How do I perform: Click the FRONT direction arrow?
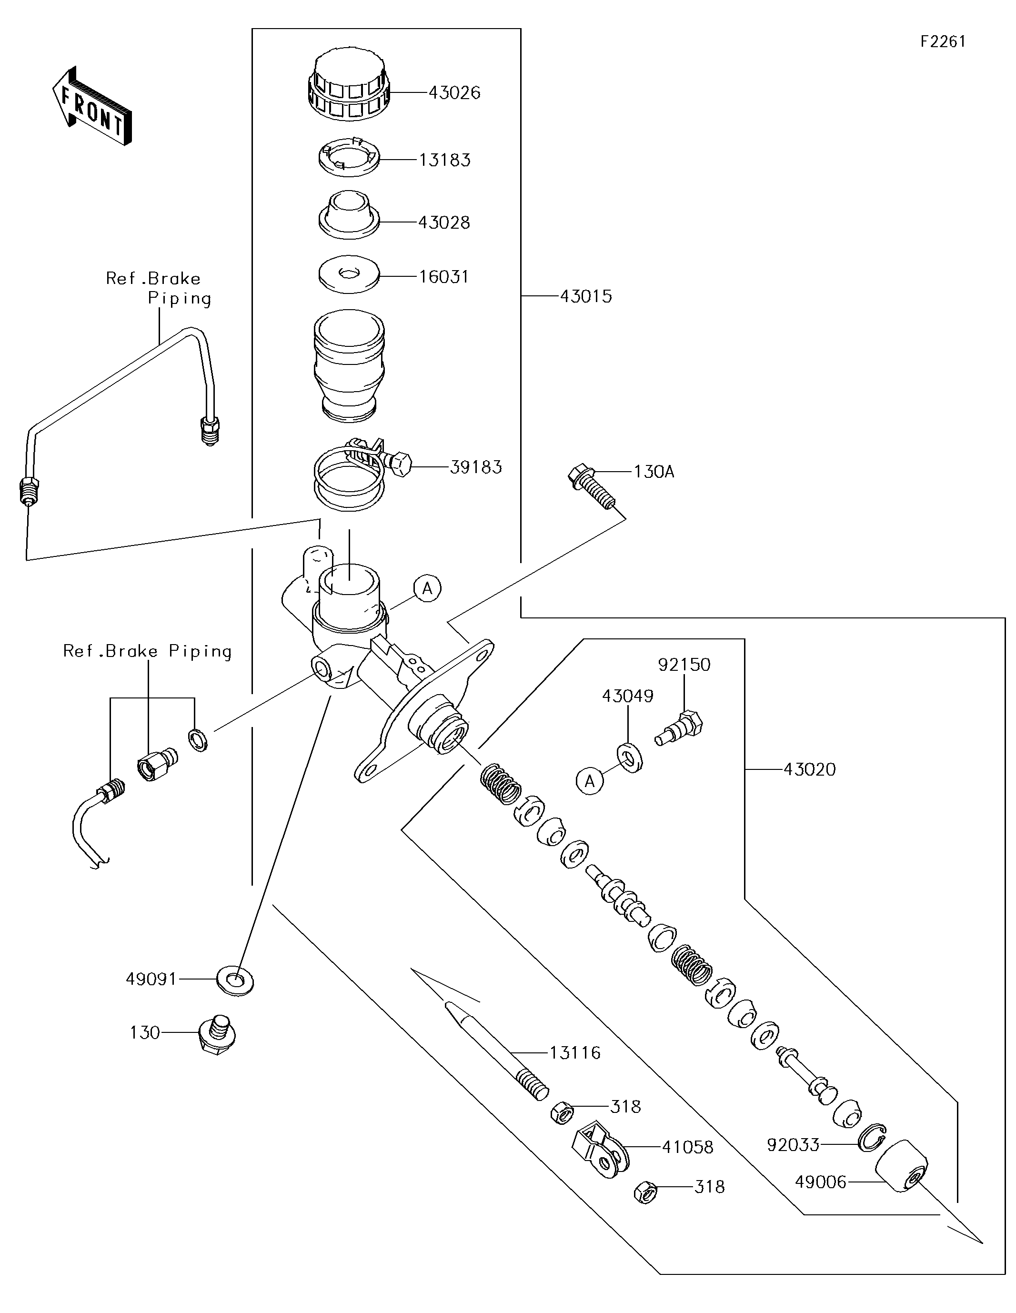tap(91, 106)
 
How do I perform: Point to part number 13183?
tap(444, 160)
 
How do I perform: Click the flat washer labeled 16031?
tap(349, 276)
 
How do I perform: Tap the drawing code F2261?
tap(943, 41)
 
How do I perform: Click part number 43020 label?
tap(809, 769)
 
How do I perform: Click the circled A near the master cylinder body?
tap(427, 588)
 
